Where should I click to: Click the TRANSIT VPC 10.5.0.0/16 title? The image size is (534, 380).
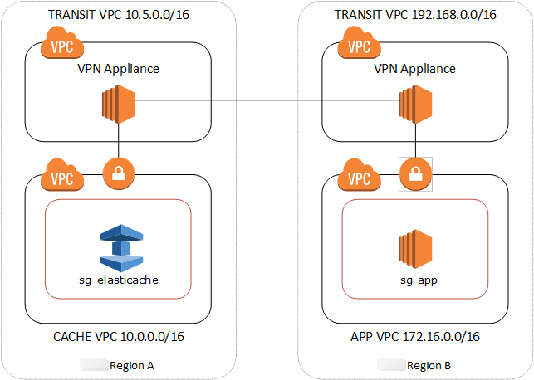tap(118, 15)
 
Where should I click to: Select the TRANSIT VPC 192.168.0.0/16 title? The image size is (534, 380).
tap(414, 15)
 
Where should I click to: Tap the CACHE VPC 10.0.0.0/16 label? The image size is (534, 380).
tap(118, 337)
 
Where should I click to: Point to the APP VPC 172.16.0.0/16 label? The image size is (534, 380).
tap(414, 337)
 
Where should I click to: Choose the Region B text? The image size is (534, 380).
tap(429, 365)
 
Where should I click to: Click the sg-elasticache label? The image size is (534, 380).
tap(118, 280)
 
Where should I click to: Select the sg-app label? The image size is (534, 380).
tap(414, 280)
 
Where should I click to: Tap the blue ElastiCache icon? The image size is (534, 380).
tap(118, 245)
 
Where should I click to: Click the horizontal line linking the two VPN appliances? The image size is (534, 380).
tap(266, 102)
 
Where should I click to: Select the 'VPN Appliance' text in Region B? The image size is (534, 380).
tap(414, 69)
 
